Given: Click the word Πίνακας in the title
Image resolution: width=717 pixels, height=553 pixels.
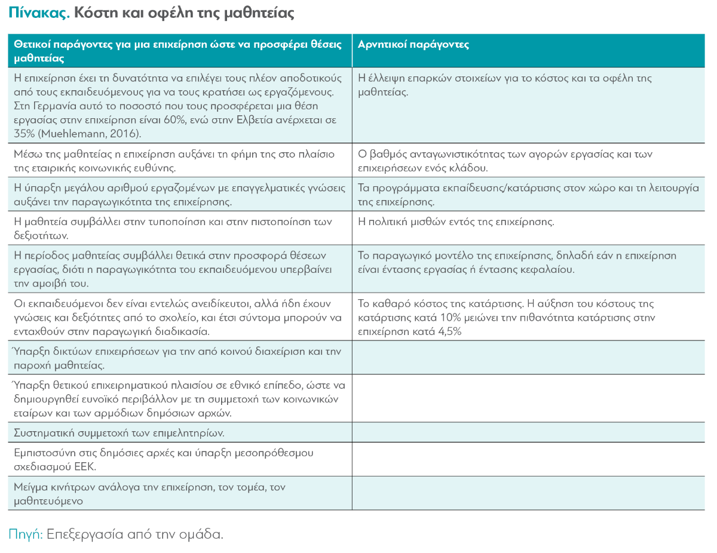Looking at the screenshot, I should point(35,13).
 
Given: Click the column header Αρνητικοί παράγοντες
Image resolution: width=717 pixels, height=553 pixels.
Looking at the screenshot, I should point(413,45).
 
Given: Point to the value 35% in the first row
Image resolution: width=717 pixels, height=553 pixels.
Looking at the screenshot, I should point(23,133).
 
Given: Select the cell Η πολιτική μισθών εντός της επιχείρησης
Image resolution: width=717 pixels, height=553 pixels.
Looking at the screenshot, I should point(455,222).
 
